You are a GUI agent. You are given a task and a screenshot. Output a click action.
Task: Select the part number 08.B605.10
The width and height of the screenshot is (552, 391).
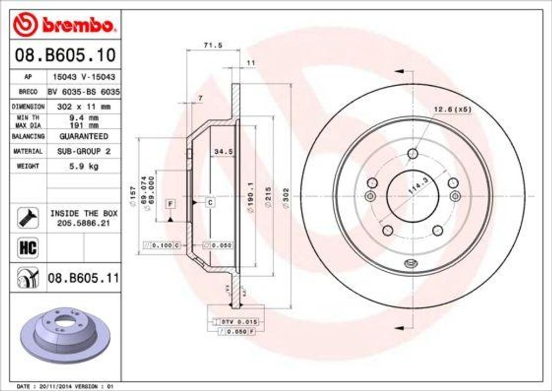(65, 54)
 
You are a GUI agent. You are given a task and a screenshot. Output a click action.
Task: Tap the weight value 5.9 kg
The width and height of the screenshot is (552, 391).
(84, 166)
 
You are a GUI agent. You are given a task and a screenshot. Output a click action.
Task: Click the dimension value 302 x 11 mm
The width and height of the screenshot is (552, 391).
(84, 107)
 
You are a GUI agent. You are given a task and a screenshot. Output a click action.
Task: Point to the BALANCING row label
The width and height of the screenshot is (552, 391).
(27, 136)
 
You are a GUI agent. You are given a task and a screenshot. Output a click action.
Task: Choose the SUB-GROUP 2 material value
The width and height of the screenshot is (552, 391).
(84, 152)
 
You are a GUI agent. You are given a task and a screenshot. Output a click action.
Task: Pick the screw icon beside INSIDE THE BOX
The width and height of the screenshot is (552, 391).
(27, 217)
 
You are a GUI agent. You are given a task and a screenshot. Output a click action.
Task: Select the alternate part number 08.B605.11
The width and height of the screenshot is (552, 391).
(83, 278)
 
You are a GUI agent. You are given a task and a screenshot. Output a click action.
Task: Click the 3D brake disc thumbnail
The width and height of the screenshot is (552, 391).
(65, 335)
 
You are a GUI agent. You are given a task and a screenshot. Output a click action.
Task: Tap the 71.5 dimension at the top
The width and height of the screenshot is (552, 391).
(213, 45)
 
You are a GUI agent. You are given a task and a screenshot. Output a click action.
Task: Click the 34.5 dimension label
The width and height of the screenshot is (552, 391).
(223, 152)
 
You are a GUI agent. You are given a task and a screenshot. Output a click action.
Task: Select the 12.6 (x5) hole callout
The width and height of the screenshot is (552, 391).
(452, 109)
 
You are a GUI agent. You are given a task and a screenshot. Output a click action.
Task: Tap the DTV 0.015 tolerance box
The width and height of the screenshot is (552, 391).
(239, 321)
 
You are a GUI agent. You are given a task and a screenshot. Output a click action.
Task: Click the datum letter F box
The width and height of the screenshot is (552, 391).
(170, 203)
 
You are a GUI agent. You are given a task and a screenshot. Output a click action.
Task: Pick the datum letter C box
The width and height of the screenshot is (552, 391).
(210, 203)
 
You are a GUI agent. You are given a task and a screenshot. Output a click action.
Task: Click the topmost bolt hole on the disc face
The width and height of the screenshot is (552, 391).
(412, 154)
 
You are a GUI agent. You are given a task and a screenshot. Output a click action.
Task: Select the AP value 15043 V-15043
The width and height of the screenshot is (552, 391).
(84, 77)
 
